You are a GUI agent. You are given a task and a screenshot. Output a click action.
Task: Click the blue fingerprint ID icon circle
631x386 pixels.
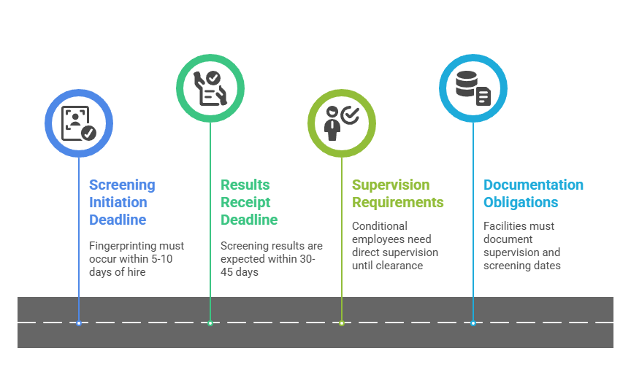point(79,123)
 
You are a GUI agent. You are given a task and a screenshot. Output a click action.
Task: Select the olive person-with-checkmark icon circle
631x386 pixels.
point(341,123)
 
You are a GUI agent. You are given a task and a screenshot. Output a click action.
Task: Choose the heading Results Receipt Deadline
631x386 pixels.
point(249,202)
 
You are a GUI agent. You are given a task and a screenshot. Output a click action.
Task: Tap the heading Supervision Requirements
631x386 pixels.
point(397,193)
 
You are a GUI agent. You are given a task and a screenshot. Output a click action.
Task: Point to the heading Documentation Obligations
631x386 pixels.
point(533,193)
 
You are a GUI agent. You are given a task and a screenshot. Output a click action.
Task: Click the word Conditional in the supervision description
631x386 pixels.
point(380,226)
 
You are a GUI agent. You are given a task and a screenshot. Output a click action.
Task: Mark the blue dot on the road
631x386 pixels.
point(79,323)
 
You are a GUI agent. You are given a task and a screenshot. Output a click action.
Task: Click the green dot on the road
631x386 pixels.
point(210,323)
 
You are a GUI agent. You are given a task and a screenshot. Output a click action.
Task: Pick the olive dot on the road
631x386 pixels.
point(341,323)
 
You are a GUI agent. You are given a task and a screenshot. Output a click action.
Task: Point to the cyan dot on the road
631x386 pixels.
point(473,323)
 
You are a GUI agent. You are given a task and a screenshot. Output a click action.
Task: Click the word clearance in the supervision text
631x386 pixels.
point(400,266)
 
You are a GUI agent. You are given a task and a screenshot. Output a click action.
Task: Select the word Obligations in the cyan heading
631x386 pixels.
point(521,202)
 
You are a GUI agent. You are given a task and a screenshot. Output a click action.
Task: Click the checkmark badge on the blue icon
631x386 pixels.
point(88,133)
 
